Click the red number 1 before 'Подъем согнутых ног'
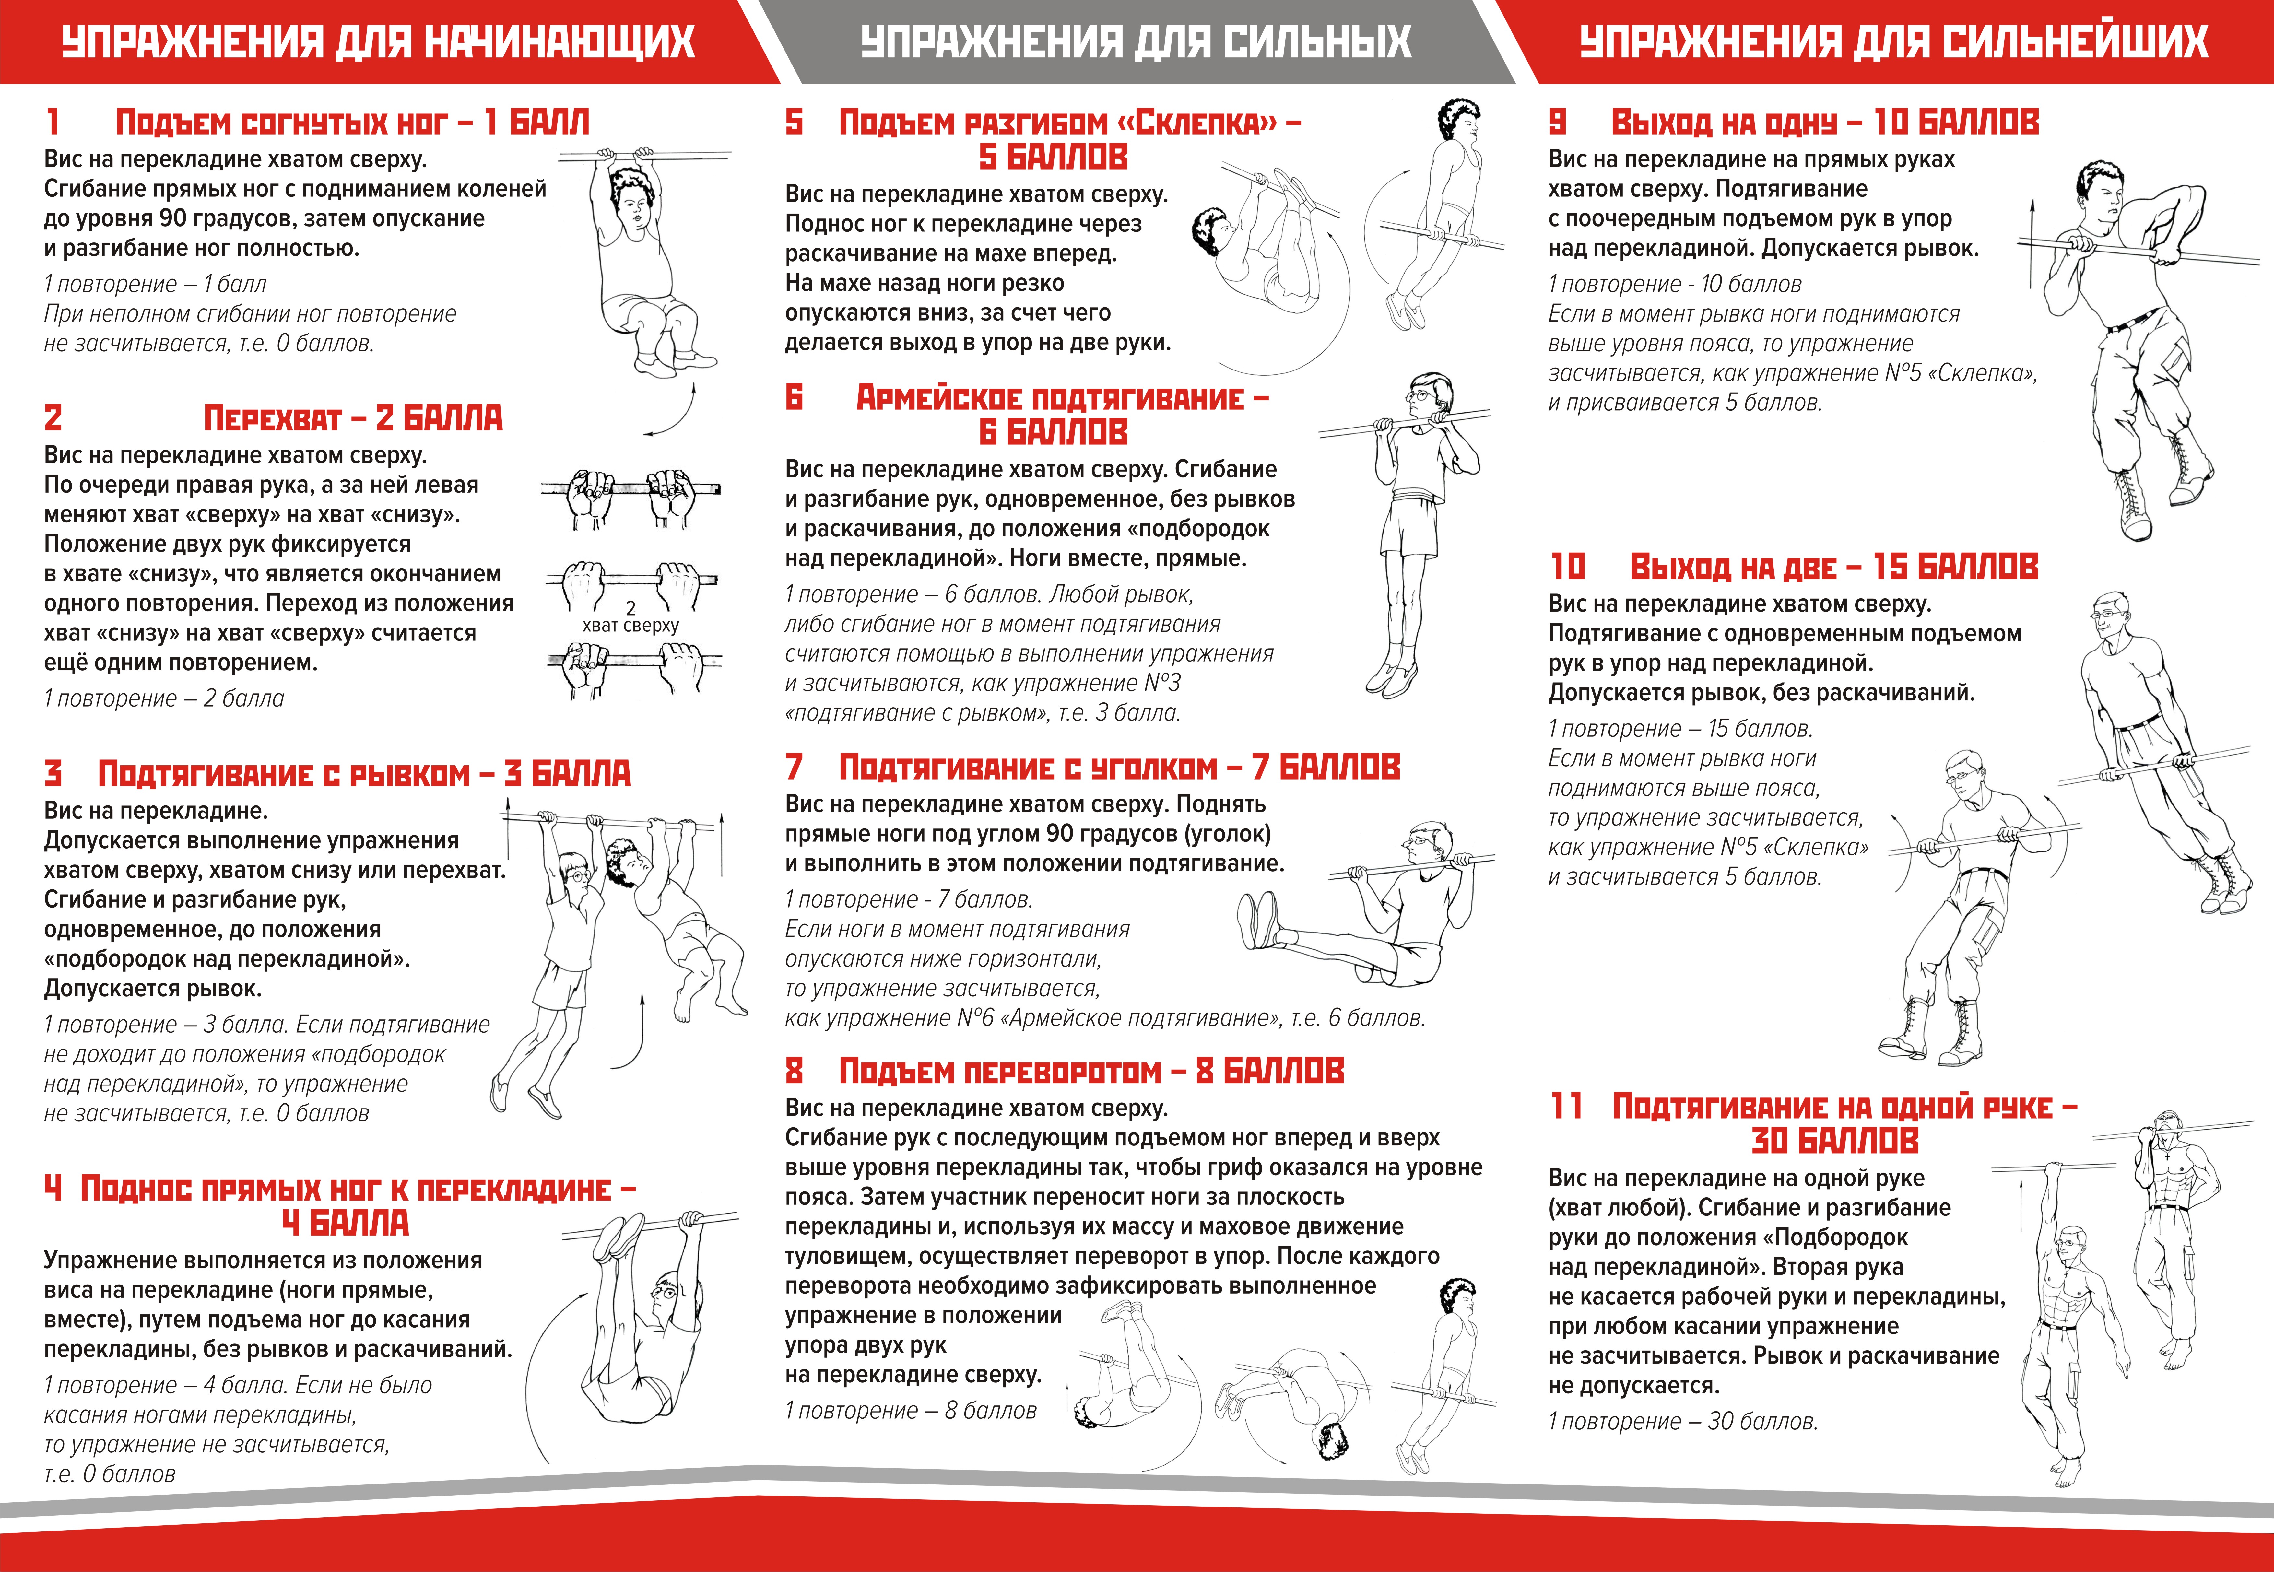(x=53, y=122)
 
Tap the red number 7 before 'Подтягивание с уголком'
(x=794, y=766)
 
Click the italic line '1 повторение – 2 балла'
(x=163, y=698)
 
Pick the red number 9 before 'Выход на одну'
(x=1557, y=122)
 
